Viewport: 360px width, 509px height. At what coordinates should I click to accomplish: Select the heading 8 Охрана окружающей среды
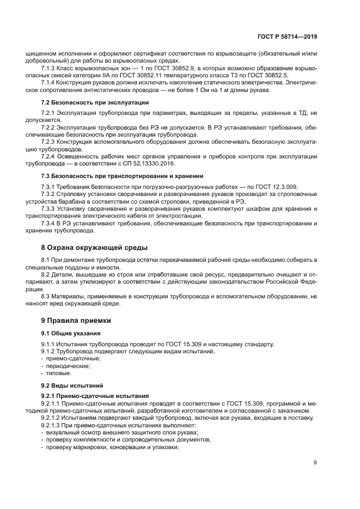click(x=88, y=247)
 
